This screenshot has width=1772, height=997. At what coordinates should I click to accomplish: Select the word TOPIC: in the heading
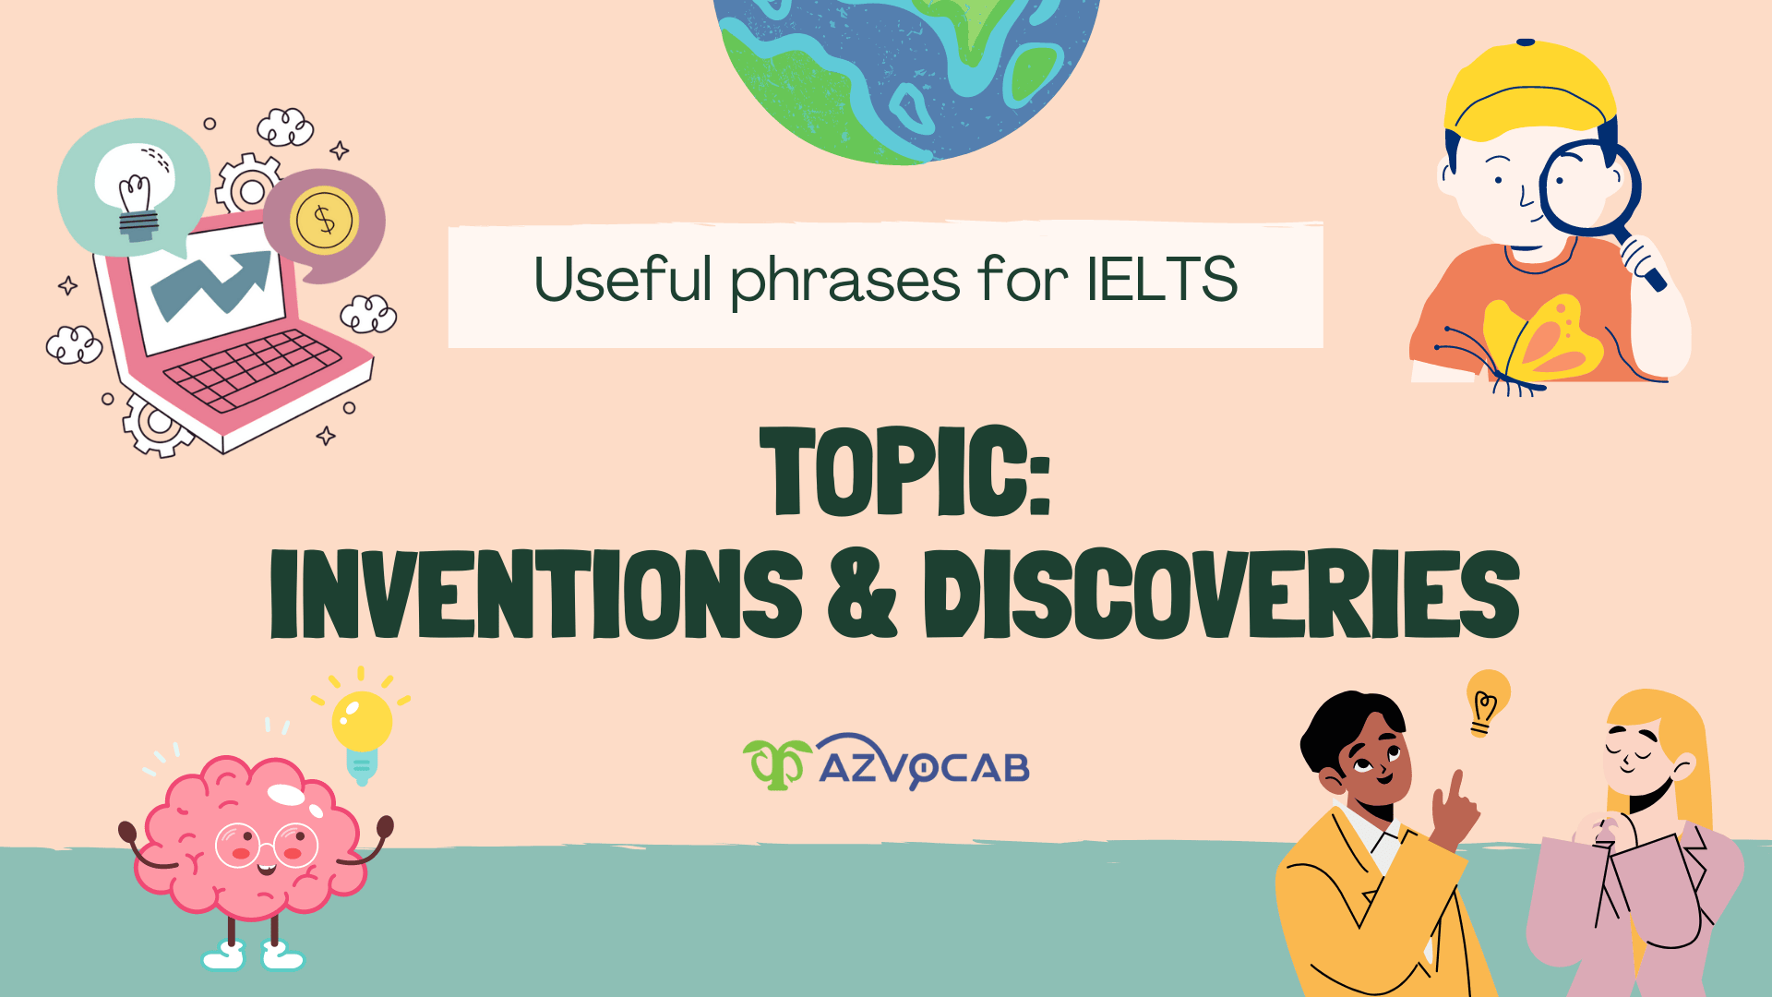(x=904, y=472)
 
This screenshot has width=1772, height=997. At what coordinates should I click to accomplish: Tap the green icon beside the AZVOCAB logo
(x=776, y=763)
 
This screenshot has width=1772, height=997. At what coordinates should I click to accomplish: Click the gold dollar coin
(x=323, y=220)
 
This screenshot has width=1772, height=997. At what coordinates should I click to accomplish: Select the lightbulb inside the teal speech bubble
(x=137, y=190)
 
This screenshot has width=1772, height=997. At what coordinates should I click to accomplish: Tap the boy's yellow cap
(x=1530, y=92)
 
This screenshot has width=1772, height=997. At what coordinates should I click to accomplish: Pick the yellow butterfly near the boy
(x=1537, y=342)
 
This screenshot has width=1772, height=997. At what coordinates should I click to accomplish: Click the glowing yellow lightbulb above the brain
(x=362, y=723)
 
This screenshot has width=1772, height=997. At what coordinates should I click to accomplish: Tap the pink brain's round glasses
(x=267, y=844)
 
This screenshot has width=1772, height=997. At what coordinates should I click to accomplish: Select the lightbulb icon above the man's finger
(x=1486, y=701)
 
